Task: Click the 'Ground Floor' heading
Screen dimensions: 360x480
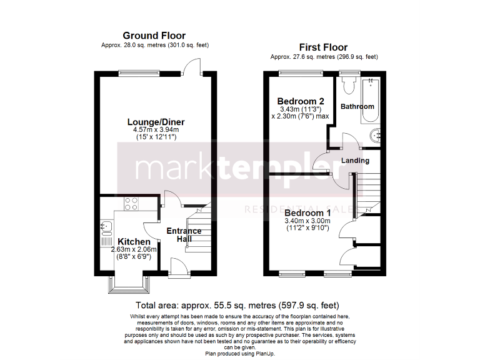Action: point(154,36)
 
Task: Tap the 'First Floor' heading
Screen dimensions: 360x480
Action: point(323,47)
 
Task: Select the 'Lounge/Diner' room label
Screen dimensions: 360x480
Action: point(156,121)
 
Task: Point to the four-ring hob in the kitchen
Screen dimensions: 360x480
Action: point(132,202)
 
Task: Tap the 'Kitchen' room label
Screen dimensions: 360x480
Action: point(134,242)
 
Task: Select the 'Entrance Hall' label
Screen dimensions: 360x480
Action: point(184,235)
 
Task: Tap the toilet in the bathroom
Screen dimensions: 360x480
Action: point(349,84)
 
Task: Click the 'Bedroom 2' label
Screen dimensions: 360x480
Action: point(301,101)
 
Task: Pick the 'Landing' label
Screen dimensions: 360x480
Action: point(355,161)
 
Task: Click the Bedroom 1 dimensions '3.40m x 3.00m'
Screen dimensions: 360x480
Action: point(307,221)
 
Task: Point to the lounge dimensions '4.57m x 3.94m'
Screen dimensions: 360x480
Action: point(156,130)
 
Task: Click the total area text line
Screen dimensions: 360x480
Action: point(237,306)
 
